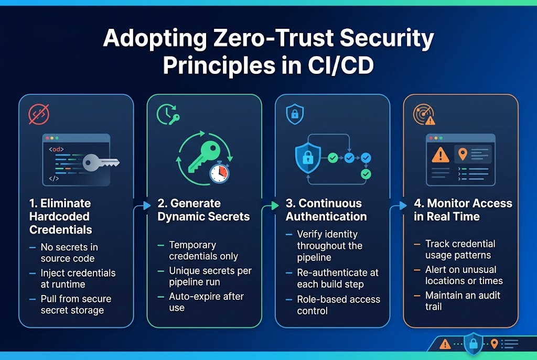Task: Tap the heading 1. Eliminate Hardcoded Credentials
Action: (60, 216)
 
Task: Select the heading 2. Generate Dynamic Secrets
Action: (203, 210)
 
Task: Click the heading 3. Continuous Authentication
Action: (326, 210)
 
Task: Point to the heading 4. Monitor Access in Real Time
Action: (463, 210)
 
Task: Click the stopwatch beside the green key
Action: (219, 173)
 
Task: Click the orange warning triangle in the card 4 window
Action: (439, 155)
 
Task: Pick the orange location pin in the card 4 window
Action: (463, 154)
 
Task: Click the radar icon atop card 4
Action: (423, 115)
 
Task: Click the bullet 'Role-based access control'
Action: (338, 305)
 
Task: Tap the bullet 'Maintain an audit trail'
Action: (463, 301)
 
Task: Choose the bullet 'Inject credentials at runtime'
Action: (78, 279)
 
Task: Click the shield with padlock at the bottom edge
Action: (473, 344)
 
